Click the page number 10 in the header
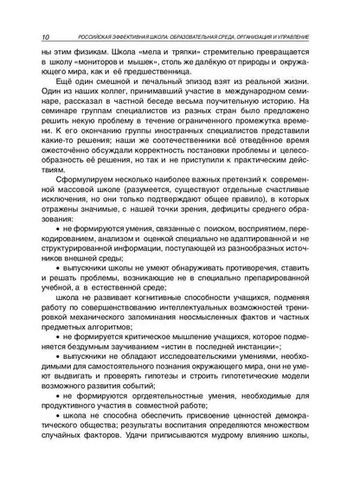point(44,38)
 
